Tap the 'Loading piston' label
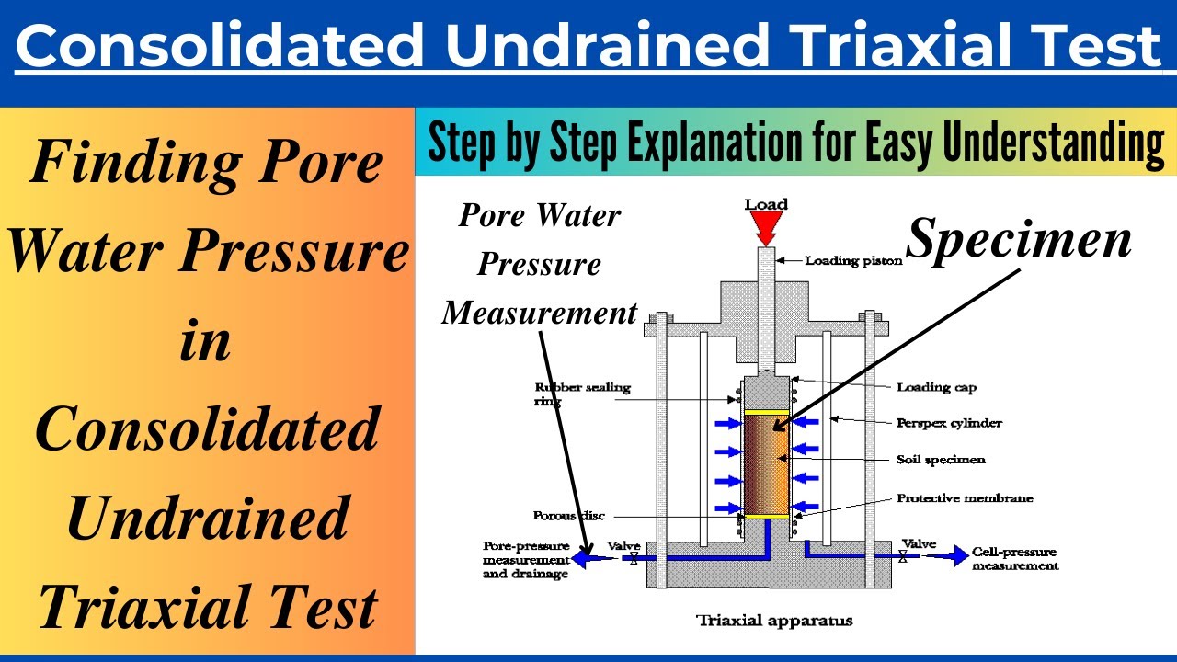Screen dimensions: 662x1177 tap(853, 261)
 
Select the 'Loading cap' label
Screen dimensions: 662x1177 tap(935, 387)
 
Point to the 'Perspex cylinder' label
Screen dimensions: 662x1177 tap(949, 423)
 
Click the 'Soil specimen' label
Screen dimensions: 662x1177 tap(940, 459)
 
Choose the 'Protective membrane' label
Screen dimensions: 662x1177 tap(965, 498)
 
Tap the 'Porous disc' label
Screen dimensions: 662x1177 tap(568, 516)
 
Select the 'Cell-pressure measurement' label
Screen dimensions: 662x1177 tap(1014, 559)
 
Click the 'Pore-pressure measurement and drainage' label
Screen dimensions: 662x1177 tap(525, 559)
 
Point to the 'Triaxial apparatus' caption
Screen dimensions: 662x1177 tap(774, 621)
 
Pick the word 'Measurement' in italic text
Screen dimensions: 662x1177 tap(540, 314)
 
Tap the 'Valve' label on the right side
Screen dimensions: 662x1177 tap(919, 543)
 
